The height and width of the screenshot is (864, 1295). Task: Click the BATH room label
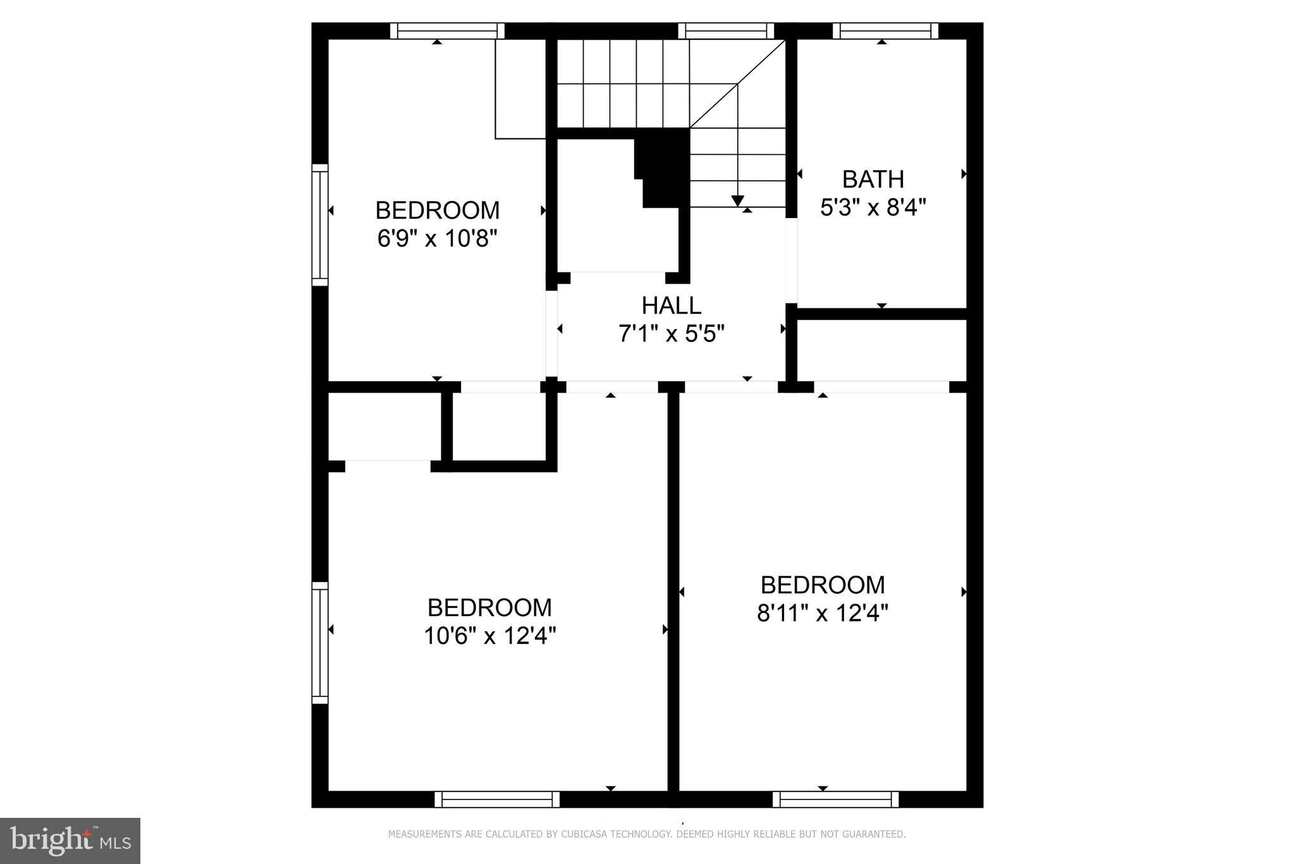click(x=873, y=179)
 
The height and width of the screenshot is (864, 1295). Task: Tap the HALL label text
click(x=671, y=306)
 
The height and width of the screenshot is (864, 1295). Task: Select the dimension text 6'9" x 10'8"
click(x=437, y=239)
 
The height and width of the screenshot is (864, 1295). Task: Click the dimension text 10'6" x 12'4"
click(x=489, y=636)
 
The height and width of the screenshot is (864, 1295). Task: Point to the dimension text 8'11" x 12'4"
click(x=823, y=613)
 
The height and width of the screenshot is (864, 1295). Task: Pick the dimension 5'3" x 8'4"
click(x=873, y=207)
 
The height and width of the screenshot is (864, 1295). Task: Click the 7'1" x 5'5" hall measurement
click(x=671, y=334)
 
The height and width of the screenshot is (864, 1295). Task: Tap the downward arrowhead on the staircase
click(x=737, y=200)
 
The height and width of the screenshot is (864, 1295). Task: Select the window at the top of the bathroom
click(x=885, y=30)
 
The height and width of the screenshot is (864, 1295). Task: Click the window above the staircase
click(x=726, y=30)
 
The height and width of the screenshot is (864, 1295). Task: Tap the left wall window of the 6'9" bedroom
click(x=320, y=225)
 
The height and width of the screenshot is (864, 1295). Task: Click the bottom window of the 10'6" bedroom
click(x=497, y=800)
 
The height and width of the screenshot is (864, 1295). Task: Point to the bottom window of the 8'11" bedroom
click(x=835, y=800)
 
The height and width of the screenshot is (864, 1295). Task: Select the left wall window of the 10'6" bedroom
click(x=320, y=643)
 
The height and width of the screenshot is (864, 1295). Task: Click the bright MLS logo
click(x=70, y=841)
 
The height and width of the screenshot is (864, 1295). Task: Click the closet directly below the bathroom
click(x=881, y=350)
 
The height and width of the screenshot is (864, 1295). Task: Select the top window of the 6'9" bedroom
click(x=446, y=30)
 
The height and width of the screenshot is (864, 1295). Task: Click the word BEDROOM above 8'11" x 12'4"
click(x=823, y=585)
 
